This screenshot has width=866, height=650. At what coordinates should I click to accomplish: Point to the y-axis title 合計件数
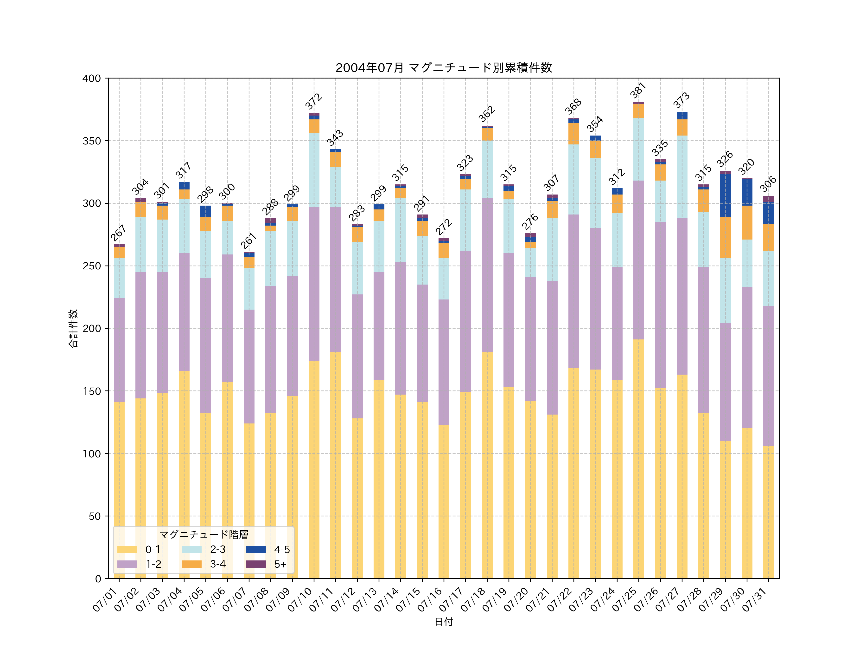(73, 328)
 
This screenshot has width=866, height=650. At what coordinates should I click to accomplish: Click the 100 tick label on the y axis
(92, 454)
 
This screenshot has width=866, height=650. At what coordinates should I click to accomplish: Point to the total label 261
(248, 240)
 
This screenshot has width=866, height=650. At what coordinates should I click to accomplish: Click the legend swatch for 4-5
(256, 549)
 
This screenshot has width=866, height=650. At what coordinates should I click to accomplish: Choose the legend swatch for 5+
(256, 564)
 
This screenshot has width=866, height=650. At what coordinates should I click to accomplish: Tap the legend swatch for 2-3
(191, 549)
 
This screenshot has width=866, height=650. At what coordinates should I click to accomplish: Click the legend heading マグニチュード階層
(204, 534)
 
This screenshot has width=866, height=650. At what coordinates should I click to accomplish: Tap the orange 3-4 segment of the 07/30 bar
(747, 222)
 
